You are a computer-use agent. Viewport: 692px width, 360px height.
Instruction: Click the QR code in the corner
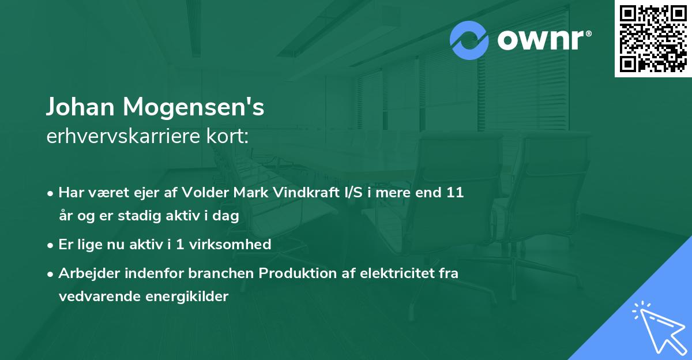pos(653,39)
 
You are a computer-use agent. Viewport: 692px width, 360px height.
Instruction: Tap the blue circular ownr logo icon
pos(469,40)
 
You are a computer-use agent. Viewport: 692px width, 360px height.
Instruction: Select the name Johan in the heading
pos(80,107)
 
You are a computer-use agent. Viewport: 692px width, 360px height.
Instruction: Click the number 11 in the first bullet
pos(454,193)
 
